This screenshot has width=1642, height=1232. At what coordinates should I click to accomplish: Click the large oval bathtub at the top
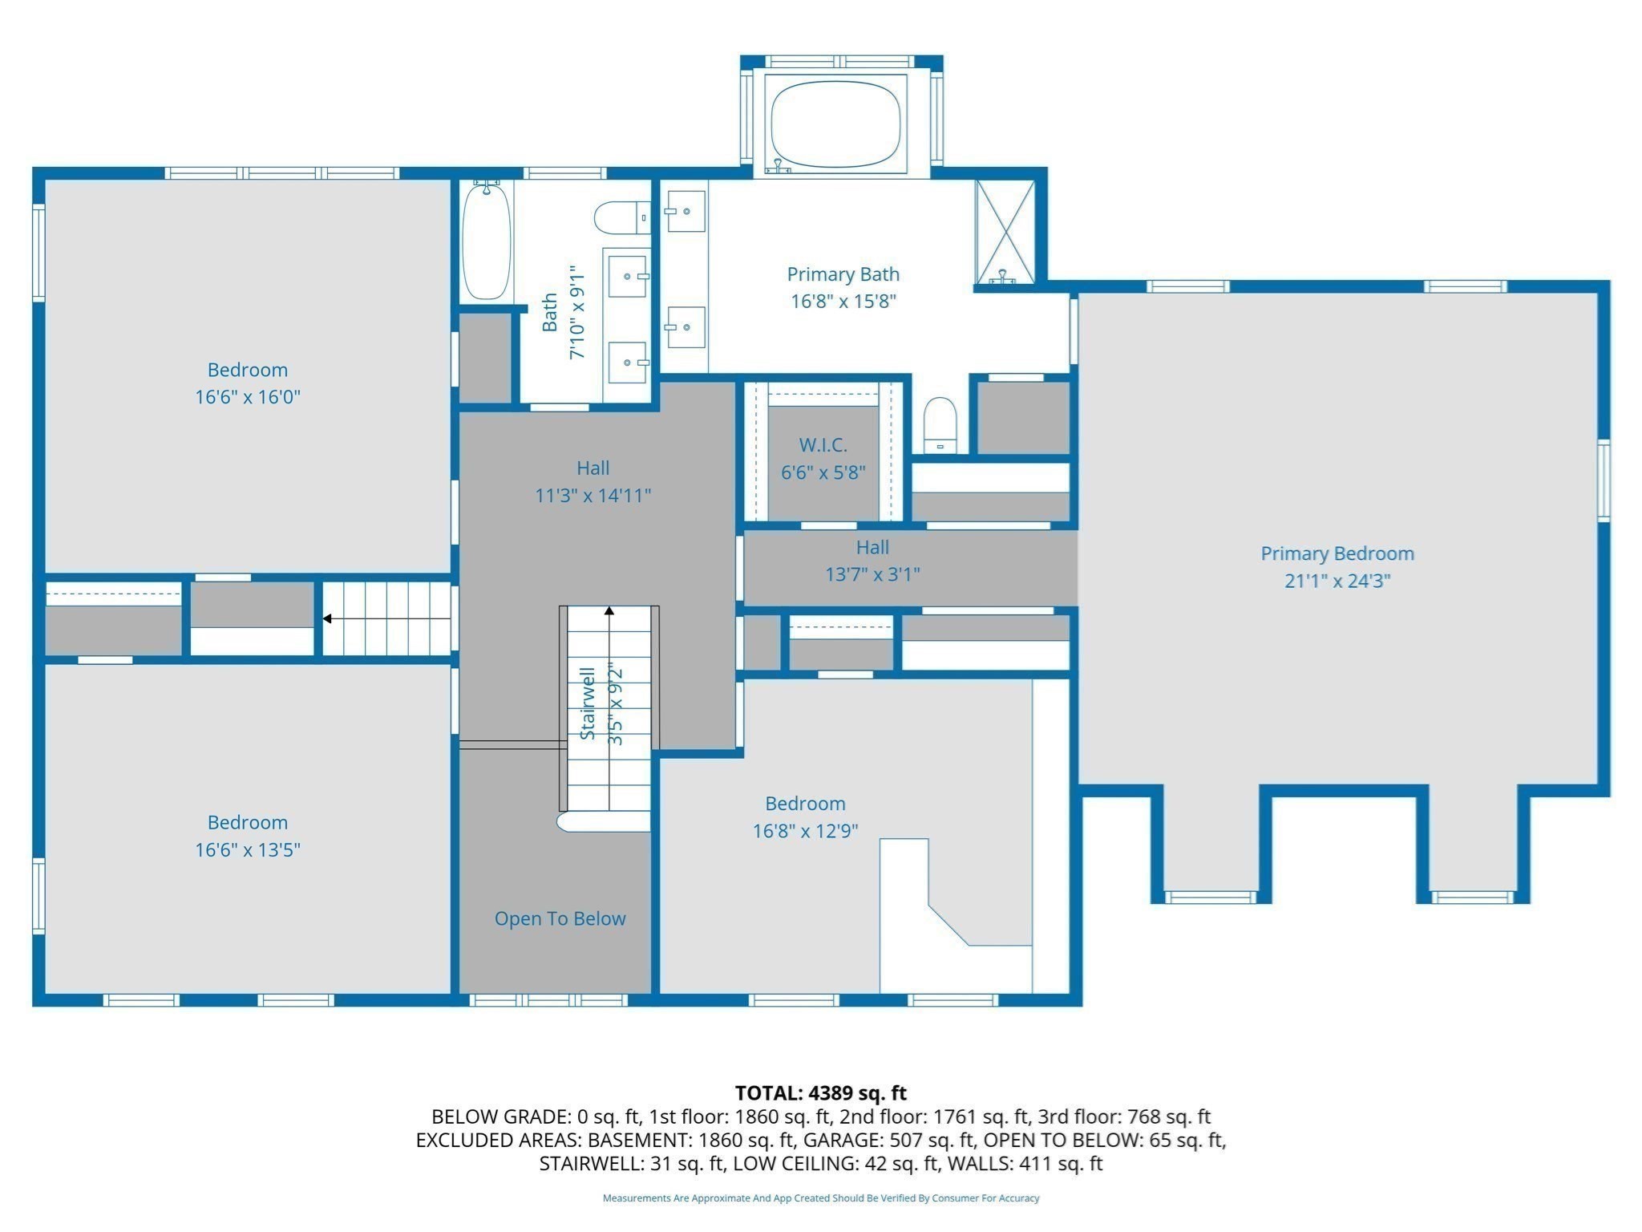(835, 124)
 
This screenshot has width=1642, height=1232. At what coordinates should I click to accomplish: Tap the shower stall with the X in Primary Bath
(1005, 233)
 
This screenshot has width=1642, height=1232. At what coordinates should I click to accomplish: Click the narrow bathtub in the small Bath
(486, 241)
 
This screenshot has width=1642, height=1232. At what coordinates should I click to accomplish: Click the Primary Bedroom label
(1337, 553)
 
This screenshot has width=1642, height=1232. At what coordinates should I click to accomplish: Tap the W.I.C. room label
(823, 445)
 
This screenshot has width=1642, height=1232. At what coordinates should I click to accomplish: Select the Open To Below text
(560, 918)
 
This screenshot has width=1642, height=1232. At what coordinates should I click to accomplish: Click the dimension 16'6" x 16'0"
(247, 397)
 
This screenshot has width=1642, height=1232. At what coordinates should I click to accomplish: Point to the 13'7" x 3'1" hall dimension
(872, 574)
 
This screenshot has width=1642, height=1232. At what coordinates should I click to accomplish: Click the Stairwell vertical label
(588, 703)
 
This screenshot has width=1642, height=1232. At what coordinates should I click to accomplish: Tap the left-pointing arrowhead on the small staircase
(327, 618)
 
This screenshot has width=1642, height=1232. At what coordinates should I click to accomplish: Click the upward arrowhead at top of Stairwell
(609, 611)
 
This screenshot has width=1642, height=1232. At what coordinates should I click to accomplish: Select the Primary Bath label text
(843, 274)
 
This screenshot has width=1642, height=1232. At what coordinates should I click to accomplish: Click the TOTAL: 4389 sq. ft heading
(820, 1092)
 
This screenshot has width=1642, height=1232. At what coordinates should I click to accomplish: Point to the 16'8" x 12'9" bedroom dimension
(805, 831)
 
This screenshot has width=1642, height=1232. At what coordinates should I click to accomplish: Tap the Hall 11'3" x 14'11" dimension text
(592, 496)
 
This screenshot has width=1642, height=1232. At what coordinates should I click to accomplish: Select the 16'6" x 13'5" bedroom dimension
(247, 849)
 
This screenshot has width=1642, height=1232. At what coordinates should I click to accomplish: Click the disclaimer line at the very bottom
(820, 1198)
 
